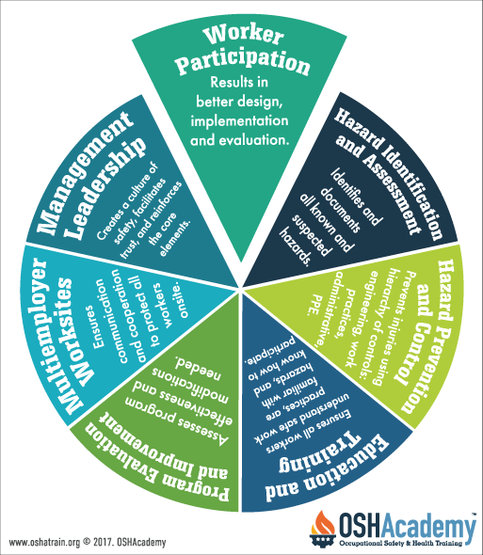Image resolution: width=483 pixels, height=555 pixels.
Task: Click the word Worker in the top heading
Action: [244, 35]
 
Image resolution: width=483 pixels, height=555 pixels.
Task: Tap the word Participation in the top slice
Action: [244, 62]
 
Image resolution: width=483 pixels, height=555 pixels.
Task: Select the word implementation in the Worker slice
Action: [239, 121]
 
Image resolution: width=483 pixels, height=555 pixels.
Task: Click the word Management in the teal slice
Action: [86, 173]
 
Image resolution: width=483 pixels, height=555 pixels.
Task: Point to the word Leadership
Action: [107, 188]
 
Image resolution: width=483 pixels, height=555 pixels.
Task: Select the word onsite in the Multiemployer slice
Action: [184, 300]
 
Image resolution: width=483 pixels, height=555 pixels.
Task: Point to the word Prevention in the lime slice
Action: [428, 337]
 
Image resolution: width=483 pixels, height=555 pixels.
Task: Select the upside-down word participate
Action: [270, 350]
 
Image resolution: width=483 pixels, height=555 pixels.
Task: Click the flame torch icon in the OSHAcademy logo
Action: [322, 529]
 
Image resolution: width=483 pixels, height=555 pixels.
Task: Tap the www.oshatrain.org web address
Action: [44, 542]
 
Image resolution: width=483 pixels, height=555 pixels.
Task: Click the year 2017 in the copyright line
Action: [103, 542]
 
